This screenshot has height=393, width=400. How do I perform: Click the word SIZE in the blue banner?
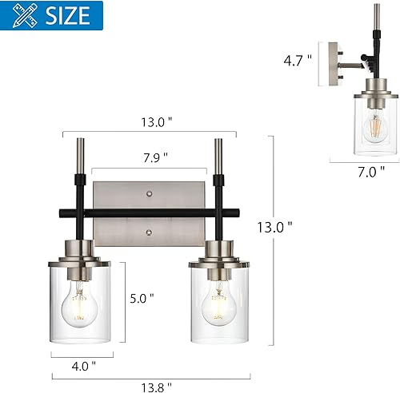coord(70,14)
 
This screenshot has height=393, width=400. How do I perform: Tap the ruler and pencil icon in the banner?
coord(23,14)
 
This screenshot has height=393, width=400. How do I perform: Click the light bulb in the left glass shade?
coord(81,302)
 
